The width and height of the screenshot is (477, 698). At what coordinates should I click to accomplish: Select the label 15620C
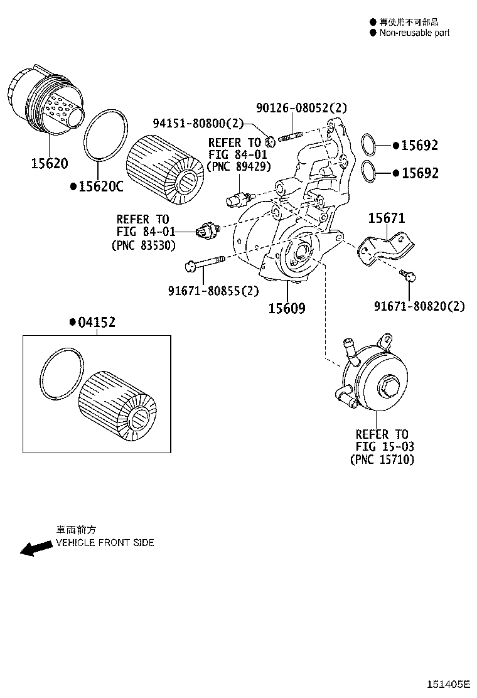point(99,186)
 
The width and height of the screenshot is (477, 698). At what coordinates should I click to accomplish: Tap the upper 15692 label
point(419,146)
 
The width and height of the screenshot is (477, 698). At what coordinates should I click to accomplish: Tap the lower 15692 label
point(419,173)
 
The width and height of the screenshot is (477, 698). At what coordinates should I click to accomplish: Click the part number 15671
point(386,218)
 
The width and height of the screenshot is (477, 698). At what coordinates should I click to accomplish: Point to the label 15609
point(287,308)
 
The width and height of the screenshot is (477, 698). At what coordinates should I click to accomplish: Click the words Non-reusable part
point(414,33)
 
